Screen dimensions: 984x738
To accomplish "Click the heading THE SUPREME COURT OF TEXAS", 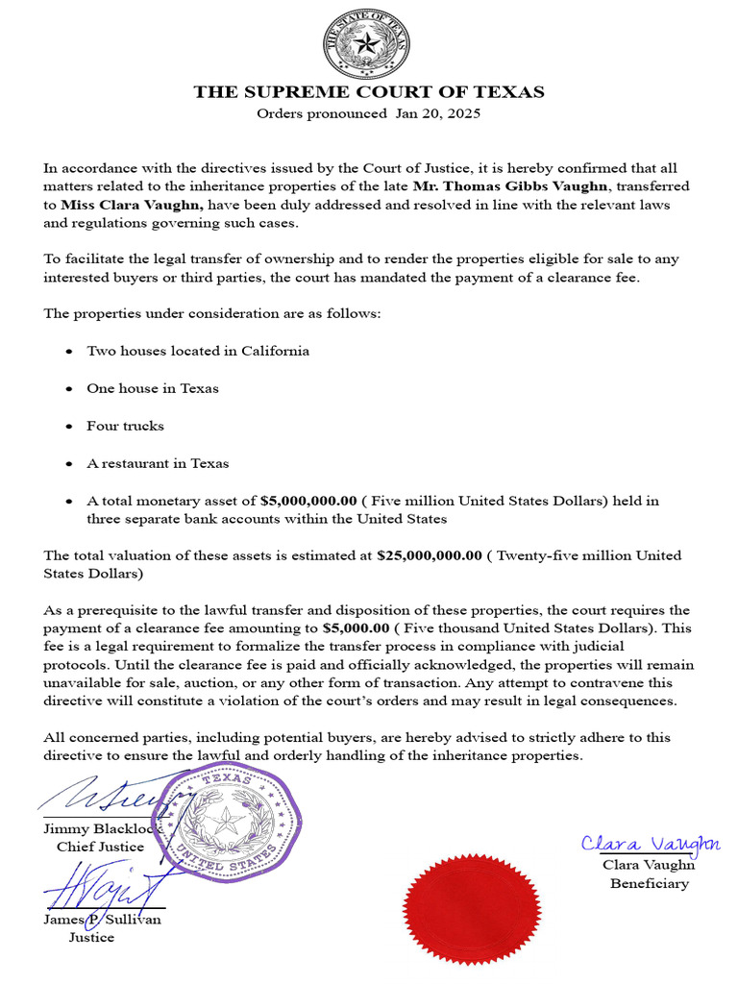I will pos(368,92).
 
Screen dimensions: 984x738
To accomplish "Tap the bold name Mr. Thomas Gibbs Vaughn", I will pos(523,185).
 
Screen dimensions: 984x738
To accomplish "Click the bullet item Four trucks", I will pos(125,426).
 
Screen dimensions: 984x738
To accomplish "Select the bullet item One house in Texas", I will pos(152,388).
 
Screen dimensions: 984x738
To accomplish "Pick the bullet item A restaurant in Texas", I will pos(158,463).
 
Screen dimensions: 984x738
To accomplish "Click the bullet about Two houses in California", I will pos(198,351).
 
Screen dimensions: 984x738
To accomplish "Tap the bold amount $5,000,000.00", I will pos(308,501).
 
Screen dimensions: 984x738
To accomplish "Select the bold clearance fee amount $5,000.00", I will pos(357,627).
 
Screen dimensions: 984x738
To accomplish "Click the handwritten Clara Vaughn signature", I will pos(650,844).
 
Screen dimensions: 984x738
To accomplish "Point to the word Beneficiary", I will pos(650,883).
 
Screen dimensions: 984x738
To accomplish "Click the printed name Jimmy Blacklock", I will pos(104,828).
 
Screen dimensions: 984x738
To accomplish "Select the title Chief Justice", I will pos(100,847).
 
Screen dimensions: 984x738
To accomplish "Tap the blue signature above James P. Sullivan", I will pos(106,882).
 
